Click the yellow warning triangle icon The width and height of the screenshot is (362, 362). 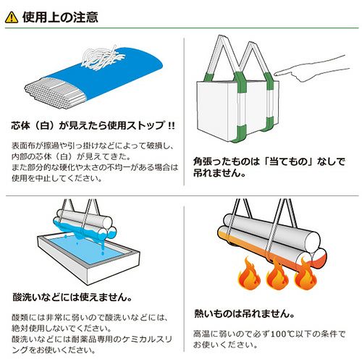[12, 17]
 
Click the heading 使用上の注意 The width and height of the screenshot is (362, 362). [60, 17]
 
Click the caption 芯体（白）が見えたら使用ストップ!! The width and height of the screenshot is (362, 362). [93, 126]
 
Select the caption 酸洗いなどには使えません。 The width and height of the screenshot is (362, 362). [72, 297]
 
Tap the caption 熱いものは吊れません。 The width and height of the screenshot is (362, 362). [245, 313]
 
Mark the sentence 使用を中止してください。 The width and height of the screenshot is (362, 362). [56, 178]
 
